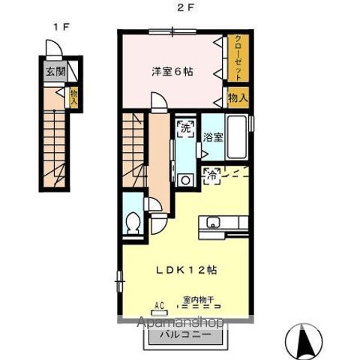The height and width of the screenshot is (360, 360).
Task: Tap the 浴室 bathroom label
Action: click(x=213, y=137)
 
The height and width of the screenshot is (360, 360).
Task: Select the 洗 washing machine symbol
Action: click(x=184, y=128)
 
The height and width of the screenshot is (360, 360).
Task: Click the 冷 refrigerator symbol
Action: click(x=212, y=177)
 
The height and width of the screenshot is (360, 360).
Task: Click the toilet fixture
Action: click(x=133, y=222)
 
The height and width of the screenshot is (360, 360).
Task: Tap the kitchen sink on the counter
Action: click(x=213, y=222)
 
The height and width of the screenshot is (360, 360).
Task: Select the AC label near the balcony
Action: click(x=159, y=304)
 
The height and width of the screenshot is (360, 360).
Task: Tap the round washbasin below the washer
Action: click(x=184, y=180)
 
